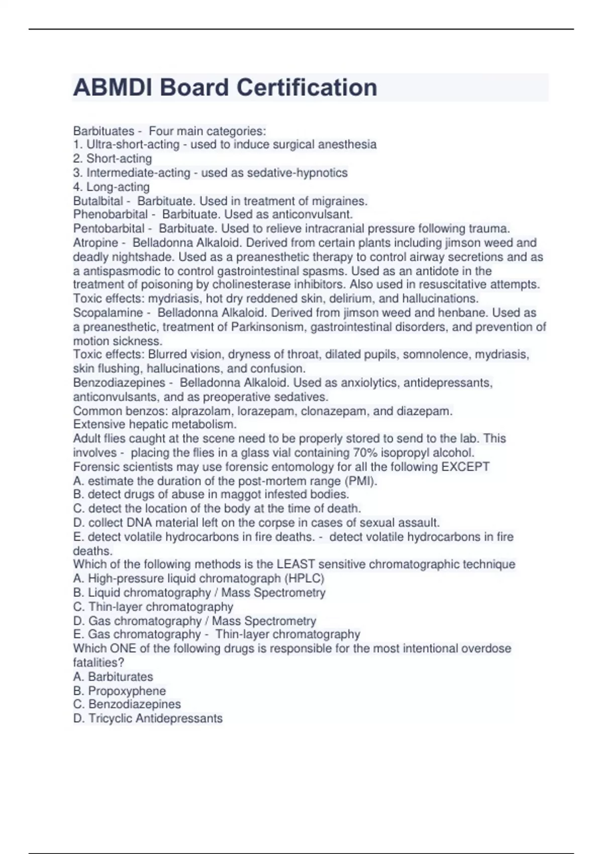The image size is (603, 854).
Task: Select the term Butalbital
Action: click(x=98, y=201)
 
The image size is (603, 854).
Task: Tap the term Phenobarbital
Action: click(x=110, y=215)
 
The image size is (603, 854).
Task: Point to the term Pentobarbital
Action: click(x=109, y=229)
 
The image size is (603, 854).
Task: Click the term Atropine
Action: click(x=95, y=243)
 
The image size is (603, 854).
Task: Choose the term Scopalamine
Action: click(x=108, y=312)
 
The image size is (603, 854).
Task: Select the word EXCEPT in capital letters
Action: click(x=465, y=467)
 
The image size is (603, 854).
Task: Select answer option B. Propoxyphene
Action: click(x=119, y=691)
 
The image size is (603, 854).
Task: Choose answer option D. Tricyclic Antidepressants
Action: click(x=148, y=718)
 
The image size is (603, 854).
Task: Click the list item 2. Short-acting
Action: click(x=113, y=159)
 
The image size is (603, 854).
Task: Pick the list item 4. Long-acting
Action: click(x=112, y=187)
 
